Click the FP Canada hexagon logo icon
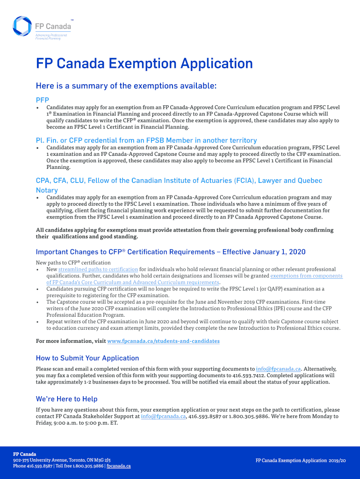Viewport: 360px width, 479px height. pos(22,26)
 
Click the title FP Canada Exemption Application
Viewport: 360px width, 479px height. pos(144,64)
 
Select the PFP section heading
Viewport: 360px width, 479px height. pos(43,100)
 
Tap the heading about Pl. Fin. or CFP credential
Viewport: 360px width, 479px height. pos(146,140)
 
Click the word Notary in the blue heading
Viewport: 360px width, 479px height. pos(47,190)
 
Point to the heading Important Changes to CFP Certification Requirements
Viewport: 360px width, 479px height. pos(170,252)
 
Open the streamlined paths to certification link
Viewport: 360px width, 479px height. pos(98,269)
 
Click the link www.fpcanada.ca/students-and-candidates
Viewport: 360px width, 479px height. pos(163,341)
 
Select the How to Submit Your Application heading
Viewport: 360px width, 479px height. pos(87,358)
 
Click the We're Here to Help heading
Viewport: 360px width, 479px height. pos(67,399)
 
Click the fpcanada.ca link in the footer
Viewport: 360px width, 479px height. pos(119,466)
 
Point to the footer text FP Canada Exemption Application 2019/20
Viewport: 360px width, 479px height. pos(300,461)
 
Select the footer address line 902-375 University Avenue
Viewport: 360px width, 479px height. pos(62,460)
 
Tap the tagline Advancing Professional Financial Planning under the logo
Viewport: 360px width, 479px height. pos(51,36)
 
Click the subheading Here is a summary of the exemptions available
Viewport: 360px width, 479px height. pos(126,86)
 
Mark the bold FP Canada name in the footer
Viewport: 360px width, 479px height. pos(24,454)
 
